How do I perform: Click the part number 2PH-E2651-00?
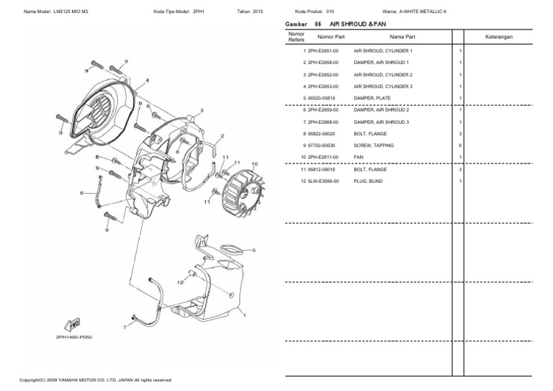pos(323,52)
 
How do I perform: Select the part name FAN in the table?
pos(359,157)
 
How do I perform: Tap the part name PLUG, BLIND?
pos(369,181)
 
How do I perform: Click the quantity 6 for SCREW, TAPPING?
pos(459,145)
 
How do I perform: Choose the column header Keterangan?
pos(498,36)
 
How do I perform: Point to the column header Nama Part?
pos(402,36)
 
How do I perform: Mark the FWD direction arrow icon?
pos(72,324)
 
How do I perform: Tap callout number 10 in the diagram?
pos(253,164)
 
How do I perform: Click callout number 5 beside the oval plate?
pos(253,250)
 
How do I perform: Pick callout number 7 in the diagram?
pos(124,327)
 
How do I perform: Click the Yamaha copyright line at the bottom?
pos(94,379)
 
